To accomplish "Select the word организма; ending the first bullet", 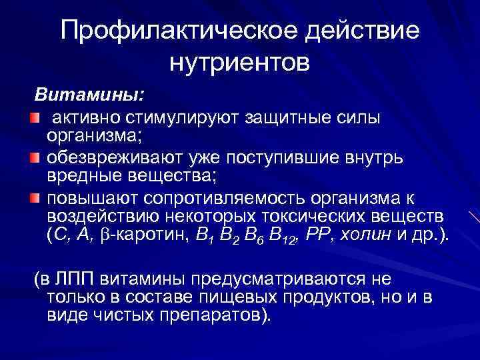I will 90,136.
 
